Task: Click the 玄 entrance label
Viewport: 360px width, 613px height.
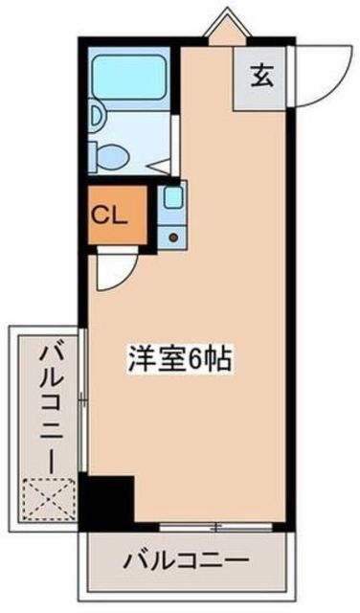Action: pyautogui.click(x=260, y=76)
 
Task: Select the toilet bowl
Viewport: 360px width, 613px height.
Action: pyautogui.click(x=113, y=153)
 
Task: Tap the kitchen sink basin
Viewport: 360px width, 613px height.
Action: pyautogui.click(x=172, y=199)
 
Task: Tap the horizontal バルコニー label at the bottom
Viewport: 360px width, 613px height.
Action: pyautogui.click(x=187, y=559)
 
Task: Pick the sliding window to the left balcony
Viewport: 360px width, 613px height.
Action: pyautogui.click(x=85, y=402)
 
